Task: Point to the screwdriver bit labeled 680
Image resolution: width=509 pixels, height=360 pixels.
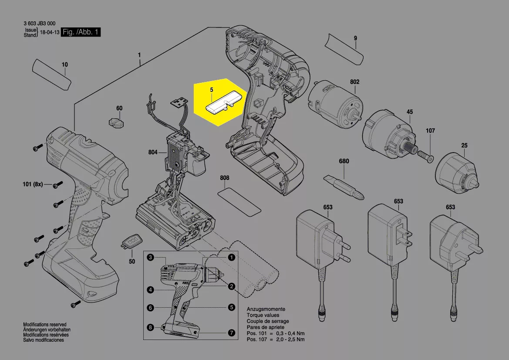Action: [x=344, y=187]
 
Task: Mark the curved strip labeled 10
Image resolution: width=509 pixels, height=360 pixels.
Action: [x=51, y=75]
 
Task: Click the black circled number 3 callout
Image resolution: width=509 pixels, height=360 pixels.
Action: [x=150, y=258]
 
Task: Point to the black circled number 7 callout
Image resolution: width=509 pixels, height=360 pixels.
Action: [x=232, y=333]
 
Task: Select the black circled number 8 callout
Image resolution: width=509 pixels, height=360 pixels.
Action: [x=150, y=327]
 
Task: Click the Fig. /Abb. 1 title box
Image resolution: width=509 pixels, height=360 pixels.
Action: [x=81, y=32]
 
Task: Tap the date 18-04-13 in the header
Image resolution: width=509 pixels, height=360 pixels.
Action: [x=49, y=33]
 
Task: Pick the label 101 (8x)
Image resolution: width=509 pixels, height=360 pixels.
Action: [x=33, y=184]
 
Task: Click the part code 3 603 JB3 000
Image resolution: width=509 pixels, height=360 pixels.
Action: [x=39, y=24]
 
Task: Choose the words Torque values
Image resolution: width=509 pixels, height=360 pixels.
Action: [x=263, y=315]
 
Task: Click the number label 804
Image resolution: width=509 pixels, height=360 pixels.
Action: [x=153, y=152]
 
